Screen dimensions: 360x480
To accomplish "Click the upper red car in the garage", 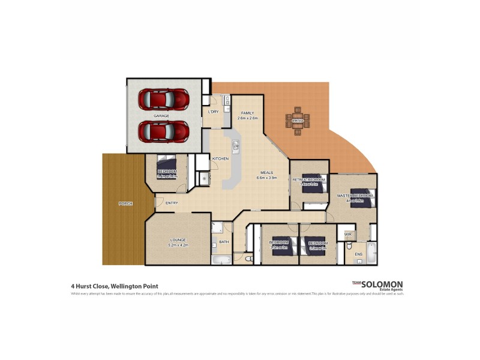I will [163, 98].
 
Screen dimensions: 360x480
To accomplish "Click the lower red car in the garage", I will [163, 130].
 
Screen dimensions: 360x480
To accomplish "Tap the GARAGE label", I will [161, 115].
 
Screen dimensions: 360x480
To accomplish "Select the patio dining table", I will [298, 121].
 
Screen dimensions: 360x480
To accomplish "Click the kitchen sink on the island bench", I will [236, 146].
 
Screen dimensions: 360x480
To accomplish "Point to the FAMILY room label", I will [248, 113].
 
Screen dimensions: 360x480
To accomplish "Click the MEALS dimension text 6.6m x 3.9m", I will [266, 178].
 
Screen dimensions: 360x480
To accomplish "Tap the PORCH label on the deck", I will [125, 204].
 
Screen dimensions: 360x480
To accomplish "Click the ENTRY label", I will [172, 203].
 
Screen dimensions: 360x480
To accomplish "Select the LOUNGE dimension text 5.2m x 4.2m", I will [178, 245].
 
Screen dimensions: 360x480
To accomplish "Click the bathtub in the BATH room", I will [221, 260].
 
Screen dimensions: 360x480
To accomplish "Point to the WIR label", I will [347, 234].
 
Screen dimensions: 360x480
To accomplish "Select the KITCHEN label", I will [221, 158].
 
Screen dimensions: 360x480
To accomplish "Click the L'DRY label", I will [213, 112].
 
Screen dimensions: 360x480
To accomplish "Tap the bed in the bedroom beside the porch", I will [167, 166].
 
